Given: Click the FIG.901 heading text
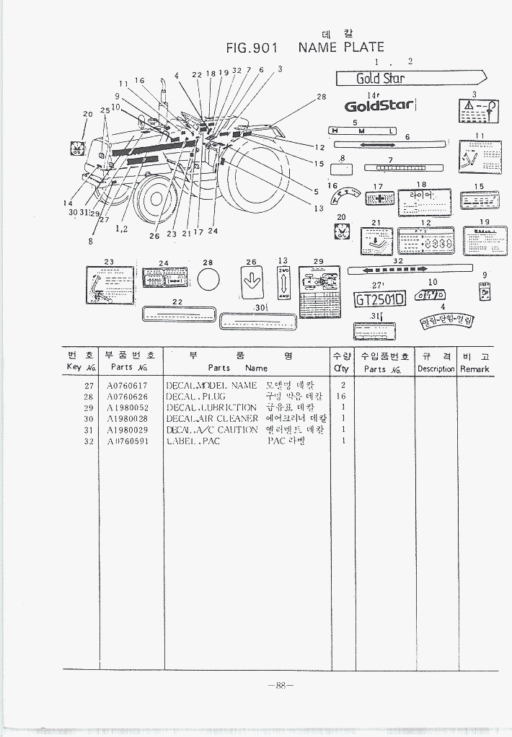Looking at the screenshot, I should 252,48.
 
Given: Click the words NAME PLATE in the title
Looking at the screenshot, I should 341,48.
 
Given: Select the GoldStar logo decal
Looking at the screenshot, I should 379,106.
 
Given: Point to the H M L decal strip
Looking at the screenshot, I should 363,131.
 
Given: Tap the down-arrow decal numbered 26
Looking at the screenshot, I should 252,281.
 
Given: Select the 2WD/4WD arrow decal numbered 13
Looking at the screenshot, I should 282,283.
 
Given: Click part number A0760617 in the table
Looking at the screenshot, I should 127,386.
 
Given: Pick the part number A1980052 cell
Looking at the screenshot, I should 127,407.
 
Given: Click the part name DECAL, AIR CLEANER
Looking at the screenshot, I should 211,418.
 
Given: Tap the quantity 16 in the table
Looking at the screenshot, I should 343,397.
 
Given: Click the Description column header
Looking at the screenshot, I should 436,368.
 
